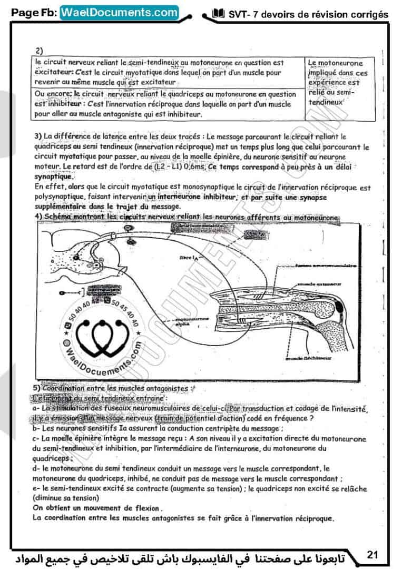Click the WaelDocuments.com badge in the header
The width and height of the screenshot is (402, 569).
pos(119,12)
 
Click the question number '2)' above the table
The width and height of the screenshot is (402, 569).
pos(39,50)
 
